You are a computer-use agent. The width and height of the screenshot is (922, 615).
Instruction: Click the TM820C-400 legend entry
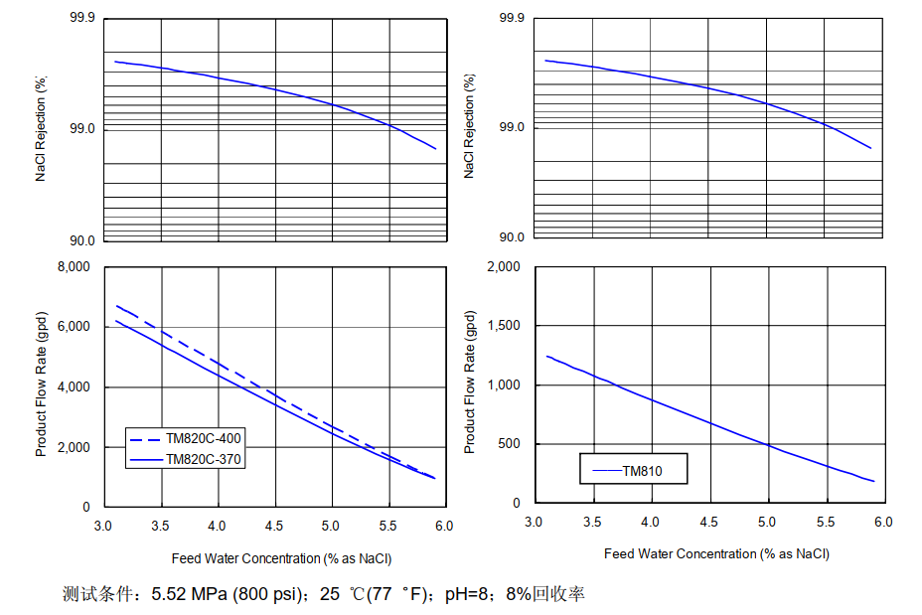pyautogui.click(x=204, y=438)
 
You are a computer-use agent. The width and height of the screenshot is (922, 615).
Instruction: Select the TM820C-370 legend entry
pyautogui.click(x=204, y=460)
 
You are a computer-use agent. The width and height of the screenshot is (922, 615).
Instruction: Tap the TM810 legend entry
pyautogui.click(x=642, y=471)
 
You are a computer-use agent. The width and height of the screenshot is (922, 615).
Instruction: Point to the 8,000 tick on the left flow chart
pyautogui.click(x=71, y=267)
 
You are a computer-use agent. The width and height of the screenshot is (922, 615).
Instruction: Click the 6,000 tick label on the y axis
pyautogui.click(x=71, y=327)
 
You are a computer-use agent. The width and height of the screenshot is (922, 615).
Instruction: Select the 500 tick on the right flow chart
pyautogui.click(x=511, y=444)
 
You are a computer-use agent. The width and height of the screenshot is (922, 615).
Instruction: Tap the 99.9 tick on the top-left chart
pyautogui.click(x=82, y=19)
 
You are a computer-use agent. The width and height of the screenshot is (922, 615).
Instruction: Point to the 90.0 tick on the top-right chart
pyautogui.click(x=511, y=237)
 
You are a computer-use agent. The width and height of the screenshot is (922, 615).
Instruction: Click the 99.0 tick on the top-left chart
pyautogui.click(x=82, y=129)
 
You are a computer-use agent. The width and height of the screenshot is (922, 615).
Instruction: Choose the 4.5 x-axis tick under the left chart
pyautogui.click(x=274, y=526)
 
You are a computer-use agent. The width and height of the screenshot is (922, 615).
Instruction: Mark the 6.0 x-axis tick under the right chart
pyautogui.click(x=883, y=522)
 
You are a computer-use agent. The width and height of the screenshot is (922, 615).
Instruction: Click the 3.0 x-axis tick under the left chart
pyautogui.click(x=103, y=526)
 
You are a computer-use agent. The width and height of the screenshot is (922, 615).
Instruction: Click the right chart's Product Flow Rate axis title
pyautogui.click(x=471, y=383)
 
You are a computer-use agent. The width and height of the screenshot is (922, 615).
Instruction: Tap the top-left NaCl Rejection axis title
pyautogui.click(x=42, y=129)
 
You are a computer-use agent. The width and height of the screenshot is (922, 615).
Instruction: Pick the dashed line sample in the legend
pyautogui.click(x=146, y=438)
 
